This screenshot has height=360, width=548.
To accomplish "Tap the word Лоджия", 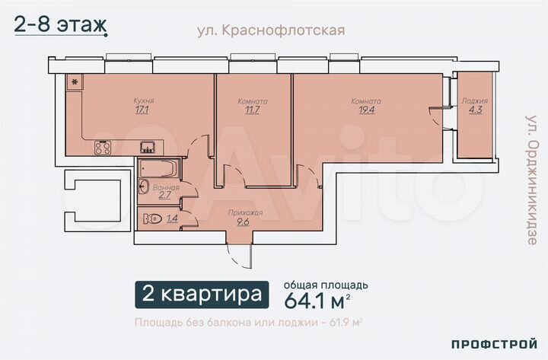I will point(474,100).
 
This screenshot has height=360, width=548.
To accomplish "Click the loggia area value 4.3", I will point(474,110).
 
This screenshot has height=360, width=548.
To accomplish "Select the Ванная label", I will point(166,187).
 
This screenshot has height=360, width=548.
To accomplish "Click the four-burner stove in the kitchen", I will point(104,148).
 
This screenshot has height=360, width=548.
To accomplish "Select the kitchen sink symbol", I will point(148,147).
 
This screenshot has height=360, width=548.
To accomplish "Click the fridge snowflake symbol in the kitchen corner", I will point(75,81).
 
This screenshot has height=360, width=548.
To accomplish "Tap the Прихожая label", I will point(245,213).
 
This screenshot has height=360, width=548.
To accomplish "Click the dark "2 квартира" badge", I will point(201,294).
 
